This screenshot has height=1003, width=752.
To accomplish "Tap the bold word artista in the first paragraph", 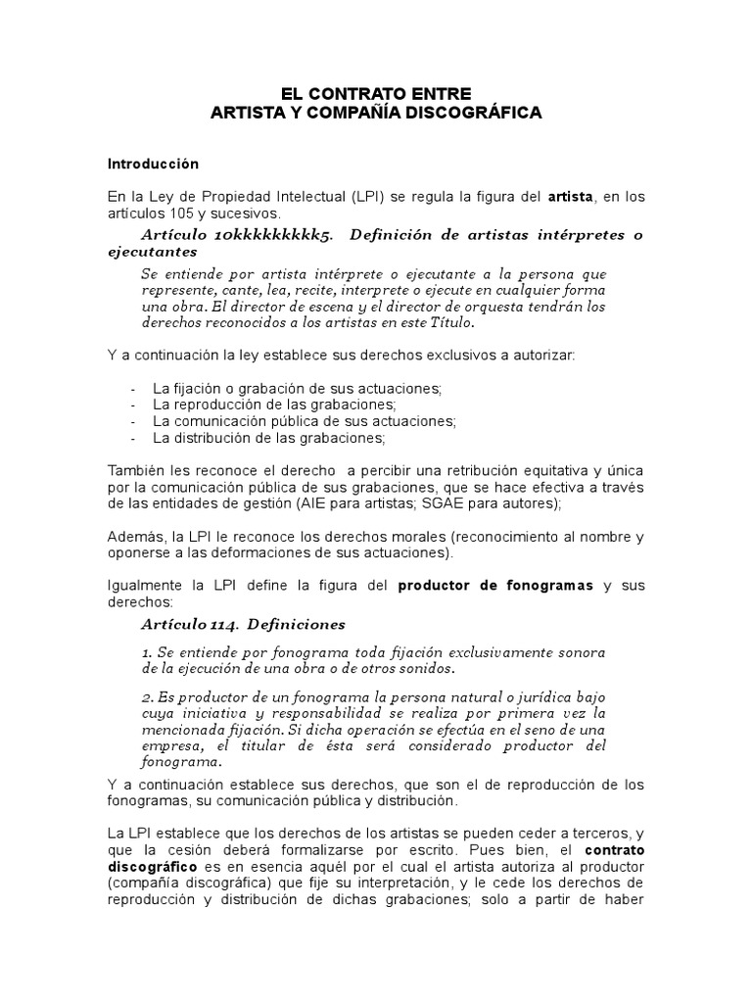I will [570, 197].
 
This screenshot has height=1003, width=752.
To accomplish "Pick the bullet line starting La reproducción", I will [274, 405].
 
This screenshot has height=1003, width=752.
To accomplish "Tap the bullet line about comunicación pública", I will [304, 421].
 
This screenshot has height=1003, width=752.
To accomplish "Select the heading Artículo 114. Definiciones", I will [243, 624].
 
